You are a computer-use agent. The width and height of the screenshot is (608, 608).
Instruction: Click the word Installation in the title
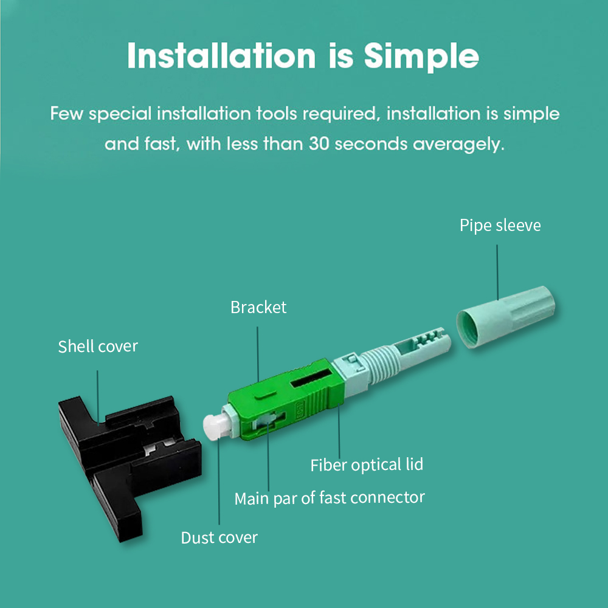click(222, 56)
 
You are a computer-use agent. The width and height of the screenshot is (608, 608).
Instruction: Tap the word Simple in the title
click(421, 56)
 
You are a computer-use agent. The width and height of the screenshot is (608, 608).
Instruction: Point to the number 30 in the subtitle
click(320, 144)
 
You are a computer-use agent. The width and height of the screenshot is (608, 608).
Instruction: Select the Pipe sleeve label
click(500, 226)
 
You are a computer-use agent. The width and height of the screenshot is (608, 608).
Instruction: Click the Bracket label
click(258, 307)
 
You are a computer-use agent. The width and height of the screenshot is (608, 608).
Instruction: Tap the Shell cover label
click(98, 347)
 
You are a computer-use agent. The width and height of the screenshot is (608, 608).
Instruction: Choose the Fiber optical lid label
click(367, 465)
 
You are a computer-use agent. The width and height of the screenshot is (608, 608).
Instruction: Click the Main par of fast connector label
click(330, 498)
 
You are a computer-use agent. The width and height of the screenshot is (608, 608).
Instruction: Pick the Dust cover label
click(219, 537)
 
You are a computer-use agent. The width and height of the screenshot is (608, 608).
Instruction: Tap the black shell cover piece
click(122, 450)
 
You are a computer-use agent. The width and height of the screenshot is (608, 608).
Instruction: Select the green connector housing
click(286, 404)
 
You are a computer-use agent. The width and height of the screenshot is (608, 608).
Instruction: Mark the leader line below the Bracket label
click(258, 353)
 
